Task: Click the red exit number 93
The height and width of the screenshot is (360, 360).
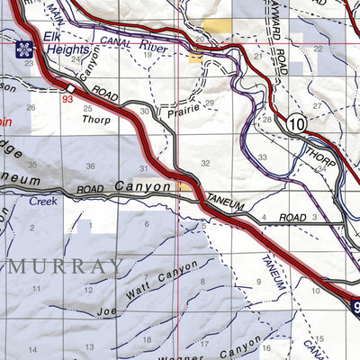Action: coord(67,98)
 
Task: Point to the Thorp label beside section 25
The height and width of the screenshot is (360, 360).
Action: coord(95,119)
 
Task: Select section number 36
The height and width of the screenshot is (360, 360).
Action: coord(90,166)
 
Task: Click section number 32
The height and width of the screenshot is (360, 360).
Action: coord(206,164)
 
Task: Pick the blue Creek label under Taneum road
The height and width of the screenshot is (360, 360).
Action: coord(42,202)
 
